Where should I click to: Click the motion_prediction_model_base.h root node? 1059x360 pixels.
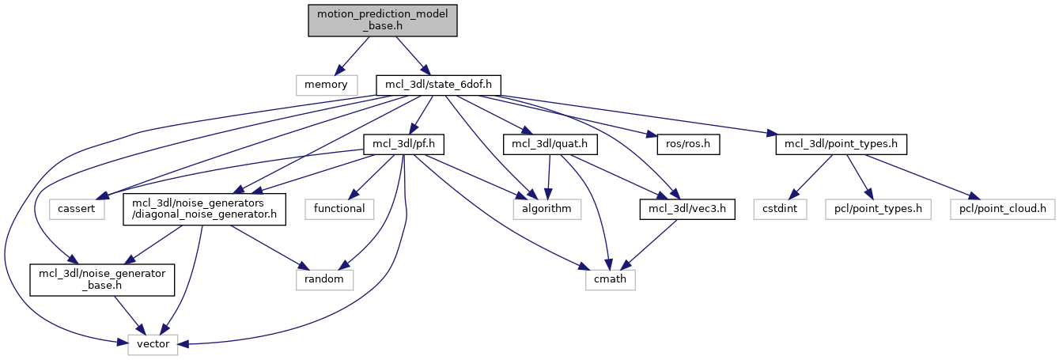383,20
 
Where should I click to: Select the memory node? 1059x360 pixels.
326,83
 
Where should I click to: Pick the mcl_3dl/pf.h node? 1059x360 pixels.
403,146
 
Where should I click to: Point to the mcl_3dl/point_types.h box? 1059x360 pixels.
841,146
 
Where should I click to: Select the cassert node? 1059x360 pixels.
77,209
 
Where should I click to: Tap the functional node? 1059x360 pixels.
339,209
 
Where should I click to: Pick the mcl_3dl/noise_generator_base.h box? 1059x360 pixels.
102,279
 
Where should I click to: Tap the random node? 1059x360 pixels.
324,279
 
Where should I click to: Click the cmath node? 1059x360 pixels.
611,279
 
